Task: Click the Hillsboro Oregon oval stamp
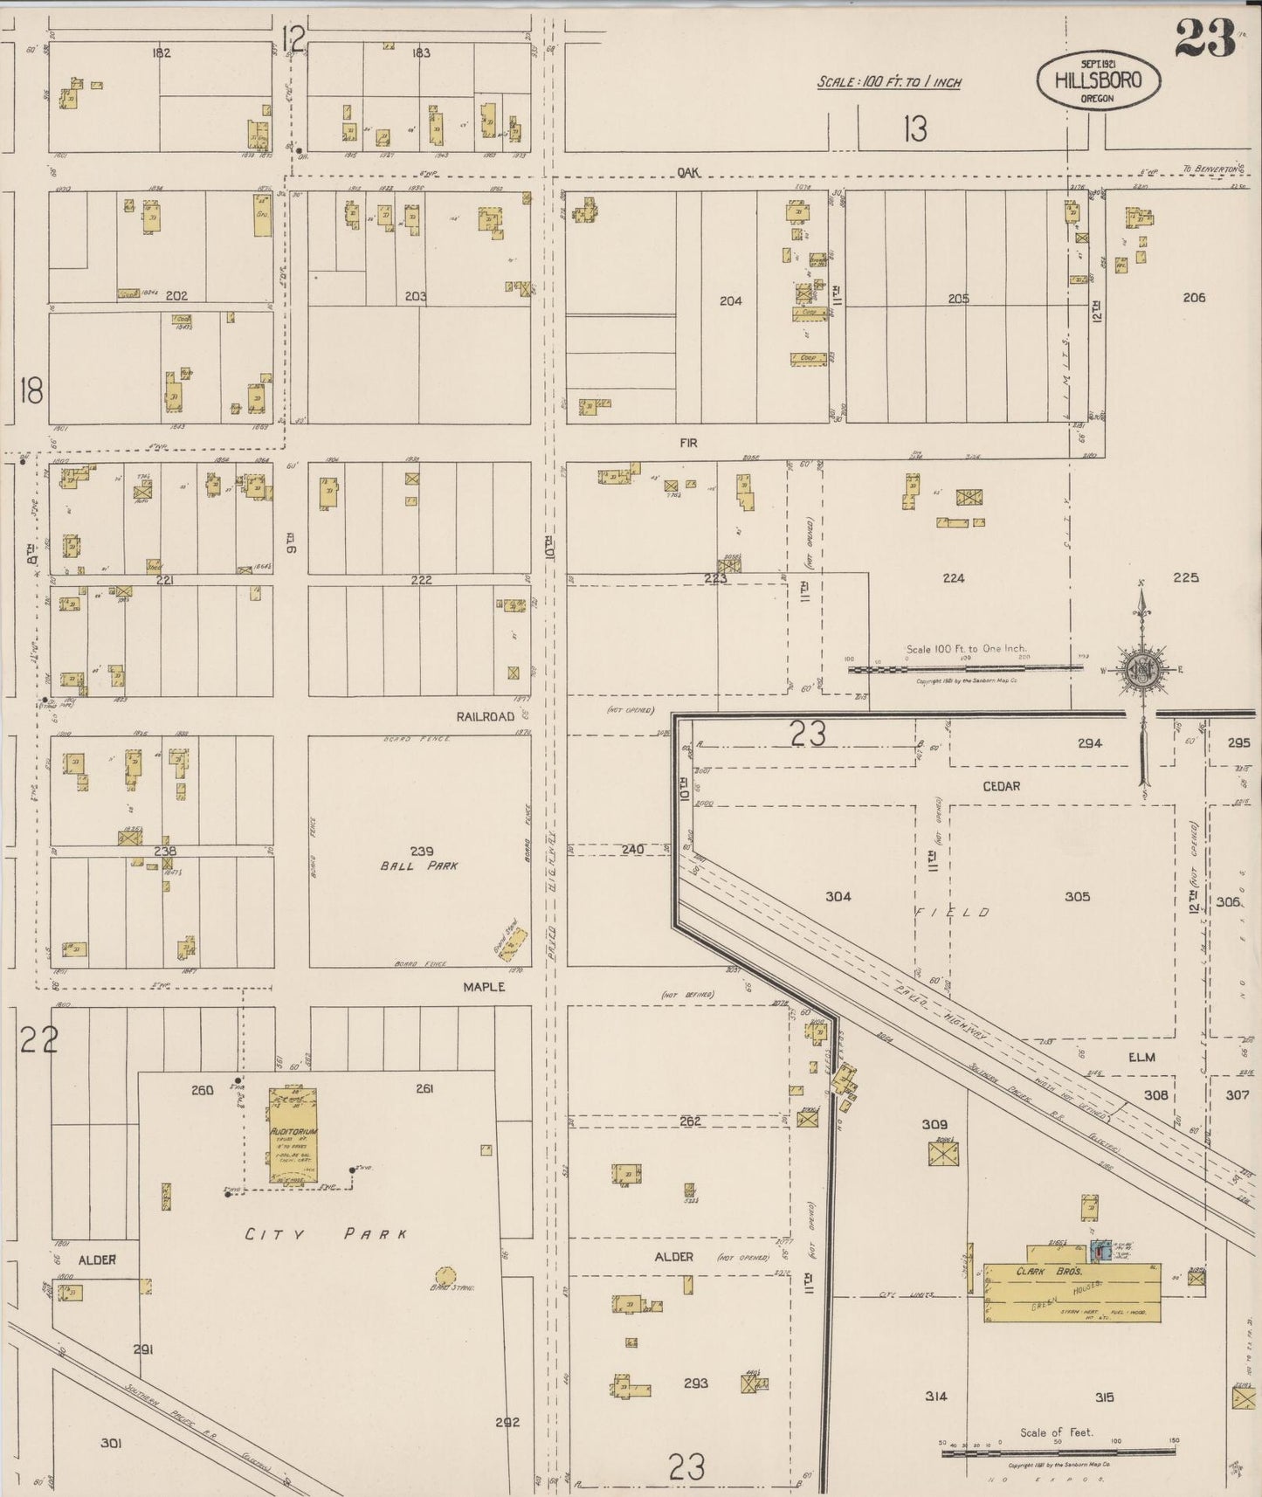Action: click(x=1098, y=81)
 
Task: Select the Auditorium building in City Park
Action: click(x=293, y=1135)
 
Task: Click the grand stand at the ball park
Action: click(x=513, y=942)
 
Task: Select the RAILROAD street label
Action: click(x=486, y=716)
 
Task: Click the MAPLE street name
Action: click(x=484, y=986)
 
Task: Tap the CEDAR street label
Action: click(x=1001, y=786)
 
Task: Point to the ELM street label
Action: click(x=1141, y=1057)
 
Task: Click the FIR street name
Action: click(x=688, y=443)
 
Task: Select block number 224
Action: click(x=953, y=578)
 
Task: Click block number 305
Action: click(x=1077, y=896)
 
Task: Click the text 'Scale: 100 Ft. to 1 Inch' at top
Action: click(x=888, y=82)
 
